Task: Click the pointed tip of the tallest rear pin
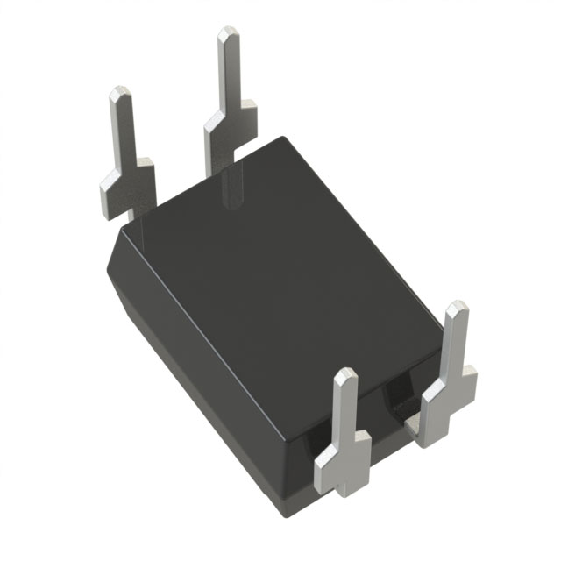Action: (229, 33)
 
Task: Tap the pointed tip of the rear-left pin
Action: (119, 92)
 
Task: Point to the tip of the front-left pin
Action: (346, 375)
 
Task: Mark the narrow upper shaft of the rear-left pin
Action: (122, 131)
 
